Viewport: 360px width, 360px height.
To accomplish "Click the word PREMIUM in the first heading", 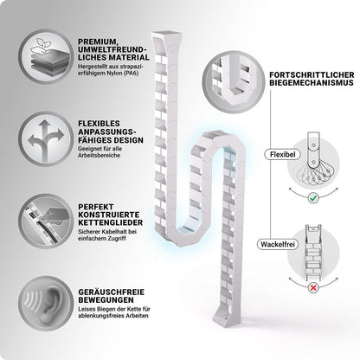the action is pos(97,42).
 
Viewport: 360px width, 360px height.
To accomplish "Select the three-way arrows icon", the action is pos(46,138).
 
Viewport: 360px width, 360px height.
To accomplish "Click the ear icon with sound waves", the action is pos(46,303).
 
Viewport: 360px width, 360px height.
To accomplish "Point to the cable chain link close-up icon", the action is pos(46,221).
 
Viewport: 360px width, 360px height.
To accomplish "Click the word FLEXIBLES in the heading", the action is pos(99,124).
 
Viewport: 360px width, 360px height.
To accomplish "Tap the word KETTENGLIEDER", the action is pos(111,222).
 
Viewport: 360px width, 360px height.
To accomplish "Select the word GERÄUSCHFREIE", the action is pos(112,292).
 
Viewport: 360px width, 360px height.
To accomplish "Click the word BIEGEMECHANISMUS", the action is pos(312,83).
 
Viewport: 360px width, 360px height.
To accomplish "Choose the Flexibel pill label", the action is pos(283,154).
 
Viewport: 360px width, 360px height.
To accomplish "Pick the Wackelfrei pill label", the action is pos(278,244).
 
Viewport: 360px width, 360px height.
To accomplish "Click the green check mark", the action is pos(313,198).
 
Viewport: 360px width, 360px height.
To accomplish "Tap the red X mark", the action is pos(313,287).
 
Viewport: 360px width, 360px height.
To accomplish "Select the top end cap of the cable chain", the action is pos(165,37).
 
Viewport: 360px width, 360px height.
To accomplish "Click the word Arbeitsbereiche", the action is pos(99,156).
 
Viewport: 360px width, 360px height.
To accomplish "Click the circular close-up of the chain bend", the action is pos(233,82).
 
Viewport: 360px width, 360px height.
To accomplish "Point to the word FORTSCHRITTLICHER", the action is pos(312,74).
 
